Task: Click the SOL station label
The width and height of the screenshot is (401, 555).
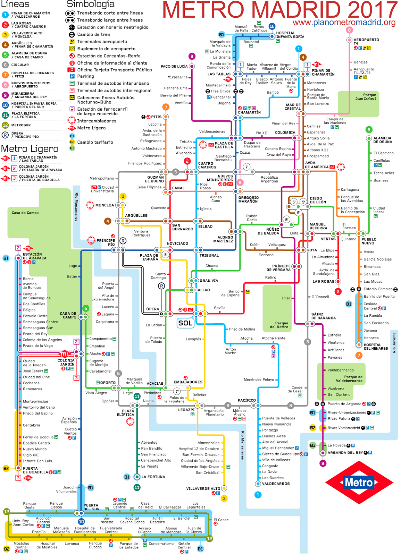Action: [185, 323]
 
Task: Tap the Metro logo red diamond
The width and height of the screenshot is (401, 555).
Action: [359, 482]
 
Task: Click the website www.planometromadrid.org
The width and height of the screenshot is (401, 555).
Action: [344, 23]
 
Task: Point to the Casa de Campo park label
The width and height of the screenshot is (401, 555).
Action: [25, 213]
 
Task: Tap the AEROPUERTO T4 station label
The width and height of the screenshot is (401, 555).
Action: [366, 42]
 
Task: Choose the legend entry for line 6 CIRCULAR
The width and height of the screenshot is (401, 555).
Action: [20, 65]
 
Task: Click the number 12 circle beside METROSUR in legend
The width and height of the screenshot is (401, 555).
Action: [5, 125]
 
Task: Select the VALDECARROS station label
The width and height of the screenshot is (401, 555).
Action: [276, 484]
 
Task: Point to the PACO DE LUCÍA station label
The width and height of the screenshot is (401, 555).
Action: [174, 66]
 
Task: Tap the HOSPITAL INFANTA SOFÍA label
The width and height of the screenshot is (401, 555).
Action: [290, 35]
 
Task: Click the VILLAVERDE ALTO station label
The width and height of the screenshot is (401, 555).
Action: [203, 488]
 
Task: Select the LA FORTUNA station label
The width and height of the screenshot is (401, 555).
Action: [153, 477]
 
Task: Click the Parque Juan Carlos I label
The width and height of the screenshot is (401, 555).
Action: [366, 97]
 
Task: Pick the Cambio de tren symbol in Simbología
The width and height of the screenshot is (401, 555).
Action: [72, 35]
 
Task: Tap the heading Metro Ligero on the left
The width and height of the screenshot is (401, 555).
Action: [30, 149]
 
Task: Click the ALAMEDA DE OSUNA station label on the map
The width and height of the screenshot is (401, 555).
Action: [382, 140]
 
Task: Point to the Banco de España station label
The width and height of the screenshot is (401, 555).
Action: [230, 293]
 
